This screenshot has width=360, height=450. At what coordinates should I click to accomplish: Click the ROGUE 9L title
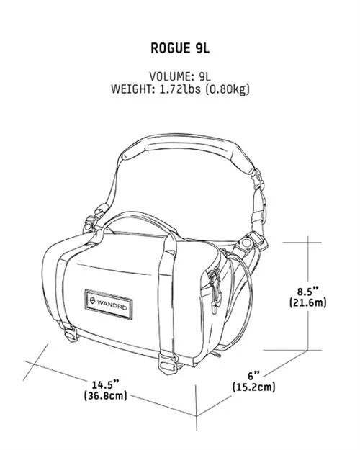coord(180,48)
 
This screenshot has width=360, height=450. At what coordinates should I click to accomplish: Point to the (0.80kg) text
coord(228,89)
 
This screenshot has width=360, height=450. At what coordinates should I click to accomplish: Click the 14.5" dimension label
coord(105,384)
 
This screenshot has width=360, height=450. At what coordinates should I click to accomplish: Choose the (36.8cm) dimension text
coord(106,396)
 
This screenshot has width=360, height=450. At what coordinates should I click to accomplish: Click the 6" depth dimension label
coord(253,375)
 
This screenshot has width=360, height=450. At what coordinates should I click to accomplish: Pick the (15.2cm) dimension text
coord(253,387)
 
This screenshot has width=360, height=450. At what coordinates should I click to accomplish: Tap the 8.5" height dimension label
coord(307,292)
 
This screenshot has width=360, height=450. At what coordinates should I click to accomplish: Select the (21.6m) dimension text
coord(307,303)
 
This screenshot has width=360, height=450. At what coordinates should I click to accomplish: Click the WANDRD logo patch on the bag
coord(109,305)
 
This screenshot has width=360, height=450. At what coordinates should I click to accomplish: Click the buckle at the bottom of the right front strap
coord(168,364)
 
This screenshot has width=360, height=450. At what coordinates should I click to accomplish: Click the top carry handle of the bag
coord(138,218)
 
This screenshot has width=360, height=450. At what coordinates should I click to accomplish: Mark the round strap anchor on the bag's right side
coord(246,243)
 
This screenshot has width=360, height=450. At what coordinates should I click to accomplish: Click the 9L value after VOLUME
coord(204,76)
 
